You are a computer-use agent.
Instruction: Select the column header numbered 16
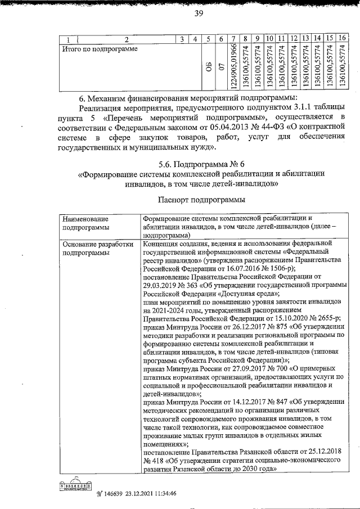click(342, 38)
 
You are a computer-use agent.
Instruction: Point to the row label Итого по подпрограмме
click(99, 49)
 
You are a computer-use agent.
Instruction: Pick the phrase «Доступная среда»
click(247, 294)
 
